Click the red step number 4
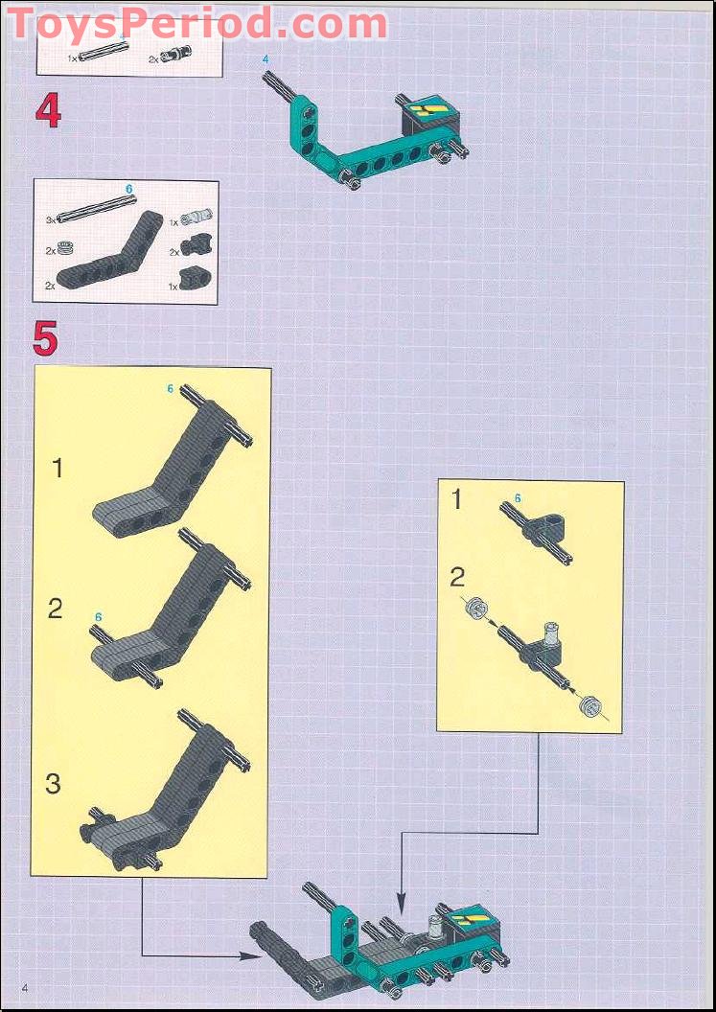click(x=48, y=112)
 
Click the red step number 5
click(x=45, y=338)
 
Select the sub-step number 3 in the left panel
click(x=53, y=783)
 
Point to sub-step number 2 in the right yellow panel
click(x=457, y=576)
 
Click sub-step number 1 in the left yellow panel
click(x=58, y=468)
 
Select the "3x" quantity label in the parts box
click(x=51, y=219)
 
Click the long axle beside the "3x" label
click(x=93, y=208)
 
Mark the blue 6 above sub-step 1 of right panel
click(x=518, y=497)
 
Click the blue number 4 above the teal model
click(x=266, y=60)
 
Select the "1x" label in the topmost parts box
click(x=72, y=58)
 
